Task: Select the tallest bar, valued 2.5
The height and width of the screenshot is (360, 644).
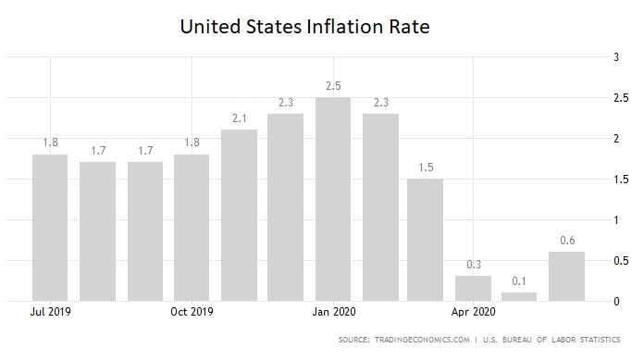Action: pyautogui.click(x=333, y=199)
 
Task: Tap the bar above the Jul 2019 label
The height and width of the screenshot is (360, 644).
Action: pyautogui.click(x=50, y=227)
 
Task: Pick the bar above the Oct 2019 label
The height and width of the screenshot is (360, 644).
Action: pyautogui.click(x=192, y=227)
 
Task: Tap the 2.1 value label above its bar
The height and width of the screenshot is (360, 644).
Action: pyautogui.click(x=239, y=118)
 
